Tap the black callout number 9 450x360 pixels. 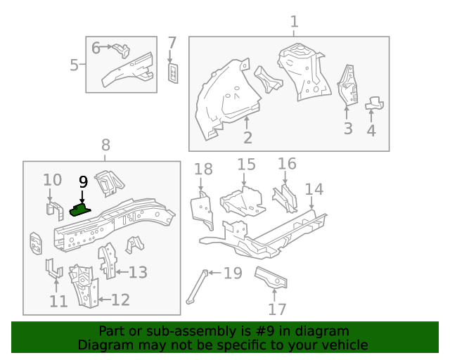tap(82, 182)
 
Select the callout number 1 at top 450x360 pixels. tap(294, 22)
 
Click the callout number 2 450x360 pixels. tap(247, 137)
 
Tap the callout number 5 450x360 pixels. tap(74, 65)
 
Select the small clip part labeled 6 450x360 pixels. tap(122, 49)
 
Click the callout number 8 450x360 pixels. tap(105, 146)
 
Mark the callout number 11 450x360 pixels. tap(58, 301)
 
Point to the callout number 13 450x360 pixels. tap(138, 272)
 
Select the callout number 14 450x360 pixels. tap(314, 189)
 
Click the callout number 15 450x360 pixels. tap(246, 165)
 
